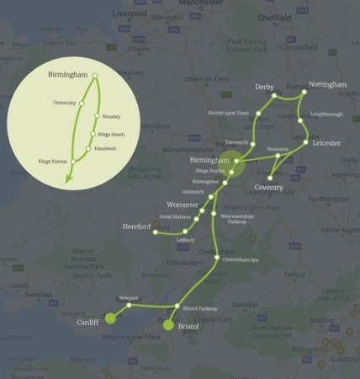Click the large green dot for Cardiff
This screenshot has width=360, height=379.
[110, 318]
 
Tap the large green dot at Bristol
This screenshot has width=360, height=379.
[168, 324]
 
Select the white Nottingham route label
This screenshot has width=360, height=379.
[327, 85]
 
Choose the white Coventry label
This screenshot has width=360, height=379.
[268, 186]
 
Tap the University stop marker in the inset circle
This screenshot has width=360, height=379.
[83, 105]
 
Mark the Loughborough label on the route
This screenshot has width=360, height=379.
[326, 112]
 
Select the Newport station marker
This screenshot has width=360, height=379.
[130, 305]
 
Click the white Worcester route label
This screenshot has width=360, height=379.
[182, 205]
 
